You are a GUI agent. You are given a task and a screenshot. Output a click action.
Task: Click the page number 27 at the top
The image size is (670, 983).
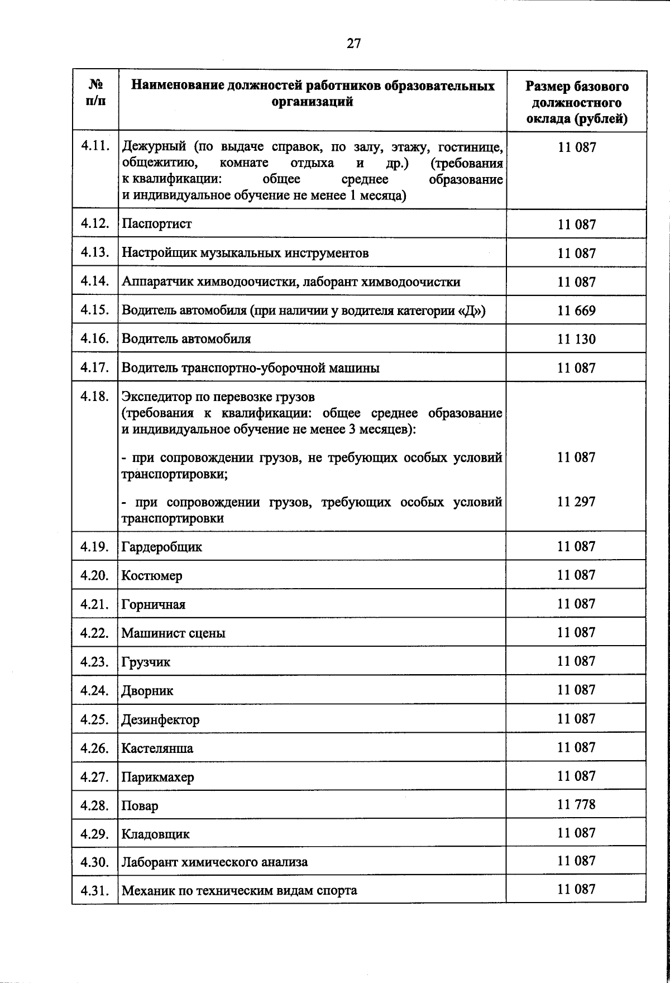tap(353, 44)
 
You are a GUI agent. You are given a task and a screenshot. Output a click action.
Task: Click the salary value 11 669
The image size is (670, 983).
tap(576, 311)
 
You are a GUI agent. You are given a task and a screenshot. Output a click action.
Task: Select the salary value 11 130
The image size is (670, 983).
tap(576, 339)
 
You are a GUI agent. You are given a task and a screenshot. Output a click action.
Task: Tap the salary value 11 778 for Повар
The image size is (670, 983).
tap(576, 805)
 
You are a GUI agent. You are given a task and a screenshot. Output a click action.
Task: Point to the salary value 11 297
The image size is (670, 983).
tap(576, 502)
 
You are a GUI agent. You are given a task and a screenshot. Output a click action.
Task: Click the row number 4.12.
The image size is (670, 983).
tap(94, 224)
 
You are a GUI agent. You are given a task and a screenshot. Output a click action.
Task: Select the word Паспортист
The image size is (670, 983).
tap(157, 224)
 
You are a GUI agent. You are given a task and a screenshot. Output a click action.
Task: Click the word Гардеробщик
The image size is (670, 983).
tap(162, 547)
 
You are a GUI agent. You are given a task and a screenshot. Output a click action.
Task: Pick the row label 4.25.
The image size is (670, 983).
tap(94, 719)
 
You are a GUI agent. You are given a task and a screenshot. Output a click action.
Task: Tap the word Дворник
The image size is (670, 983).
tap(147, 691)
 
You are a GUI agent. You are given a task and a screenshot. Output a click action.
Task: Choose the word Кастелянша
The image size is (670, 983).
tap(157, 748)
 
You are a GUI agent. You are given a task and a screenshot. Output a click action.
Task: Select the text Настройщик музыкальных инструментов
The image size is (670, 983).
tap(245, 253)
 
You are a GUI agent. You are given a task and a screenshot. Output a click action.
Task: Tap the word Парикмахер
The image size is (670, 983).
tap(158, 777)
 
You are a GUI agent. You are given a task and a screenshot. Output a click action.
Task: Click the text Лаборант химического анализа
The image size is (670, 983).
tap(215, 862)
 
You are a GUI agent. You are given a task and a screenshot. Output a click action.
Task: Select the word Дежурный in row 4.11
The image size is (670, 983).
tap(154, 147)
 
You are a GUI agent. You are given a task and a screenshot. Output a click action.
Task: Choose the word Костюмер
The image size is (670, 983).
tap(152, 576)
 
